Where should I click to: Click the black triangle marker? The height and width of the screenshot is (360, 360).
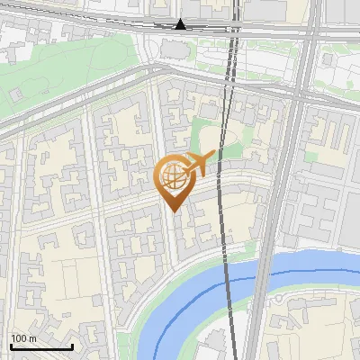(181, 24)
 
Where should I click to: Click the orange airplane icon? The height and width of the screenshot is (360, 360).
(198, 163)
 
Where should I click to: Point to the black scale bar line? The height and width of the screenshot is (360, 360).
(40, 347)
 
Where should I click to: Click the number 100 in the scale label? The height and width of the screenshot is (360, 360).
(18, 338)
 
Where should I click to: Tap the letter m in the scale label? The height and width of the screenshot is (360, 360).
(32, 338)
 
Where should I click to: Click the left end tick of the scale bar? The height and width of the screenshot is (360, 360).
(11, 346)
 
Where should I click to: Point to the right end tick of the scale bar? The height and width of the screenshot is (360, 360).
(72, 346)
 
